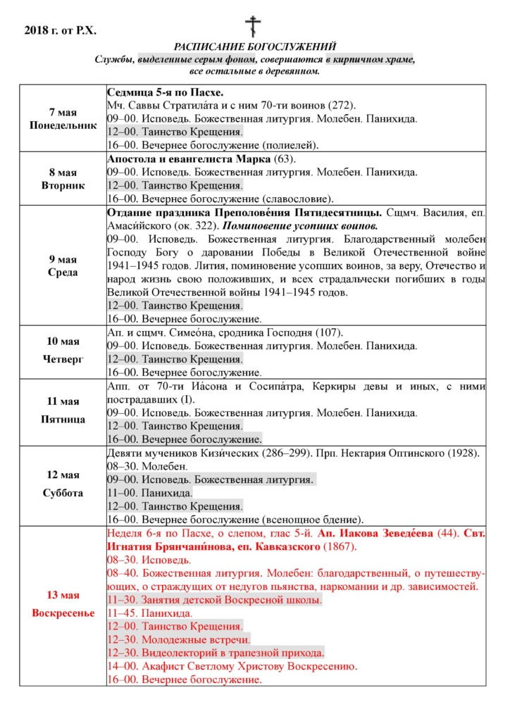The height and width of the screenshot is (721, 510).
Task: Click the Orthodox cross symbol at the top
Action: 253,26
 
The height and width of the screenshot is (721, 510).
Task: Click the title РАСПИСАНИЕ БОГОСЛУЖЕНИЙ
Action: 254,46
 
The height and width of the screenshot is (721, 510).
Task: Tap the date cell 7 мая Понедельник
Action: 62,119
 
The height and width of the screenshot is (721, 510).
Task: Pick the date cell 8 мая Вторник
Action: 62,179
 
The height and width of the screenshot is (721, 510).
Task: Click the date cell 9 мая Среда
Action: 62,265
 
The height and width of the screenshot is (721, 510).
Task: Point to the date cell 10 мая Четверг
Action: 62,351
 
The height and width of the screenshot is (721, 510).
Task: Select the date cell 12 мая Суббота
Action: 62,485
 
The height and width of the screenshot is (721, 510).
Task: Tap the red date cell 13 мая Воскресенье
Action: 62,606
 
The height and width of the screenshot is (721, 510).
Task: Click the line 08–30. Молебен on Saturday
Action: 147,467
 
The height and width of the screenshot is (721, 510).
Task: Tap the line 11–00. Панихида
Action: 149,493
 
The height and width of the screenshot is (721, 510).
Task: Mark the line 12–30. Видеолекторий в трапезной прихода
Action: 216,653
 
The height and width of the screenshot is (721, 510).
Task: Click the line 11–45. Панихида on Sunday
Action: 150,613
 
